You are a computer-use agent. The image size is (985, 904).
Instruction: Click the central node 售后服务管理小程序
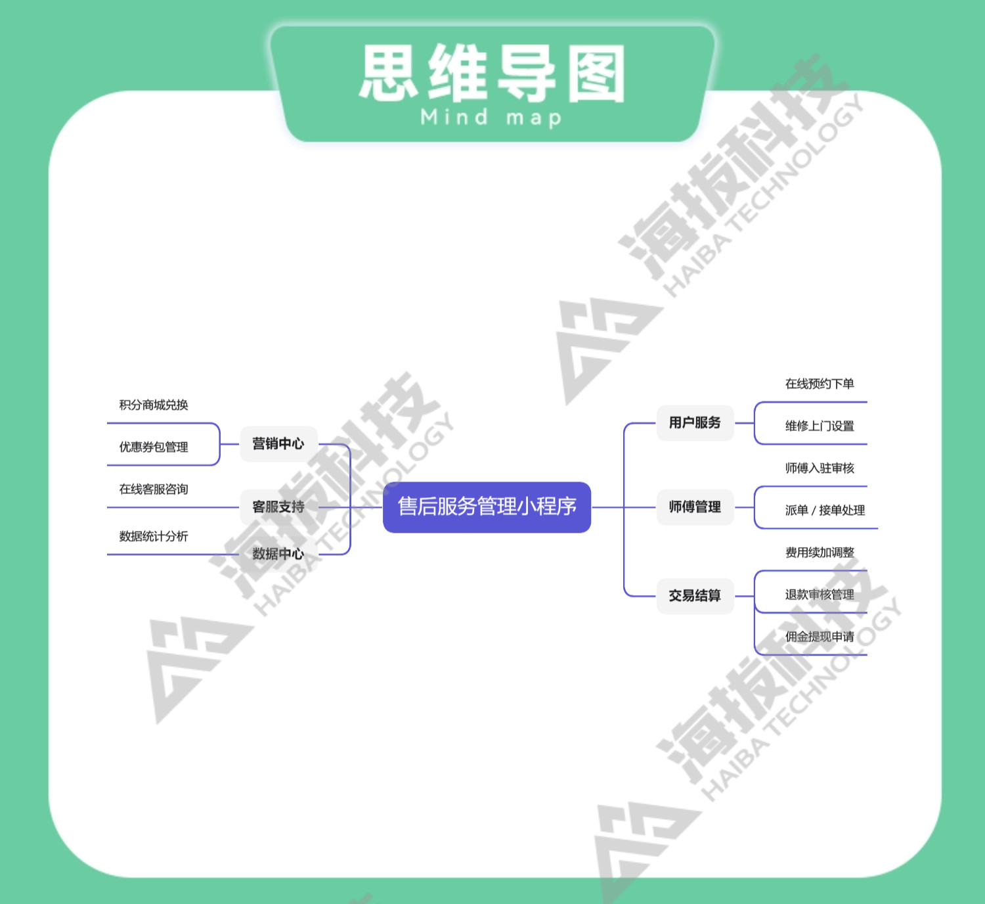487,507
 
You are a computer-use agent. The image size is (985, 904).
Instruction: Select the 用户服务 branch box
695,423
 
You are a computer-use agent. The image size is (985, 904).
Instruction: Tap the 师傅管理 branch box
695,507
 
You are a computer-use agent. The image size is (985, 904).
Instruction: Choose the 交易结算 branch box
695,596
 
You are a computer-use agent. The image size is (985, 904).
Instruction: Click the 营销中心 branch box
278,444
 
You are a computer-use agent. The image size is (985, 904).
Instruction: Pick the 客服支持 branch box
278,507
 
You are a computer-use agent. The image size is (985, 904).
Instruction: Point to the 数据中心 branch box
278,554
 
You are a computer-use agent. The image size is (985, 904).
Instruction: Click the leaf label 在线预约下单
820,384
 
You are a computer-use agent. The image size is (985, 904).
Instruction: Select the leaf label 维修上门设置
820,426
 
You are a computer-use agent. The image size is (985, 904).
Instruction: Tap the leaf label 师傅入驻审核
820,468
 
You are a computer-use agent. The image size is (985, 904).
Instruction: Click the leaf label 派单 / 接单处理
825,510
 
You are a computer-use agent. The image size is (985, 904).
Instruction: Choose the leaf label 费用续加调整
820,553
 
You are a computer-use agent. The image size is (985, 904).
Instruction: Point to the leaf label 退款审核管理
820,595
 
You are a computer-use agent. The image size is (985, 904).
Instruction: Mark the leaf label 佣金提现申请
820,637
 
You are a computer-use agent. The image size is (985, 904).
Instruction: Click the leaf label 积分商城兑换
154,405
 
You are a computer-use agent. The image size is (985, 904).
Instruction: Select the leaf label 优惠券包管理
154,447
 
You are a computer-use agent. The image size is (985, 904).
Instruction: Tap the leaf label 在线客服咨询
154,489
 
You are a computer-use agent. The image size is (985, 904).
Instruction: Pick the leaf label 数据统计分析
154,536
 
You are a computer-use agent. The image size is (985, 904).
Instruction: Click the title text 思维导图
492,74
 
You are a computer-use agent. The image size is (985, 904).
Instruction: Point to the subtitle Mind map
491,118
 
